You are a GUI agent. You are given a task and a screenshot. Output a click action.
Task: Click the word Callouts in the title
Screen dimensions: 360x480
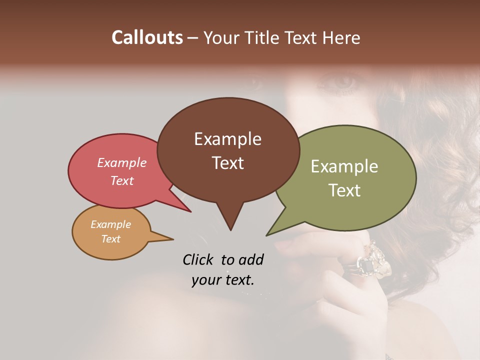147,37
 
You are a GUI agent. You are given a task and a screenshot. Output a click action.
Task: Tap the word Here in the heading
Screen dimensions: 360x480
341,38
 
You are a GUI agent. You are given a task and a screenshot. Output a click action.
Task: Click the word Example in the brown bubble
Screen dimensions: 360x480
227,139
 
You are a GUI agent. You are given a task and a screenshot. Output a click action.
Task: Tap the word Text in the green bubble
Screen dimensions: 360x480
344,190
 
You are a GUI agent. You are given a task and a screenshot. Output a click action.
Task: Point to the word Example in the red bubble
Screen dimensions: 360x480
121,163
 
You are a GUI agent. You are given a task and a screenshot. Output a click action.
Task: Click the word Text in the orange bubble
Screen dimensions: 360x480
110,239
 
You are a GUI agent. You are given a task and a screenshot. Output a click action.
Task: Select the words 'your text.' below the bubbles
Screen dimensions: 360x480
223,280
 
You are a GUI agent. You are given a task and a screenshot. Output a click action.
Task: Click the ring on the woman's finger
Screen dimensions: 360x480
370,260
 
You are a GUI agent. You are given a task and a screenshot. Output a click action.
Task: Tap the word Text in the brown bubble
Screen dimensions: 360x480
228,163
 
